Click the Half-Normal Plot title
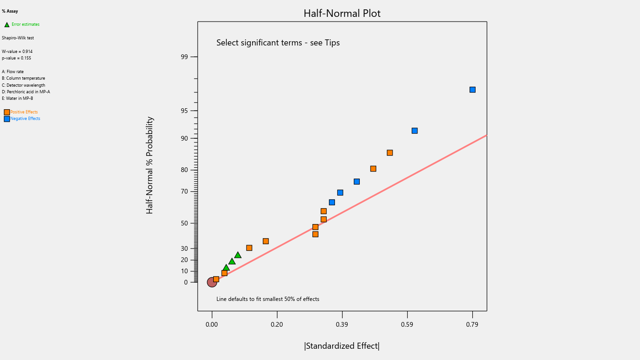pos(342,14)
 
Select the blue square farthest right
pos(472,90)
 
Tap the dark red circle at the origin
pos(212,282)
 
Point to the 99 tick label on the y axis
pos(184,57)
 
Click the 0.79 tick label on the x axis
pos(472,324)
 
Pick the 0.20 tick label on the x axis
pos(277,324)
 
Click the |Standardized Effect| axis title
pos(342,346)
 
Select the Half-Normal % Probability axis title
pos(149,165)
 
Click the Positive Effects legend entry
pos(24,112)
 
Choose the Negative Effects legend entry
pos(25,119)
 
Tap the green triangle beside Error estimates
pos(7,24)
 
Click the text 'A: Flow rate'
pos(13,72)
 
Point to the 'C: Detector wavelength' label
pos(23,85)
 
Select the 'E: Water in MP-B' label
pos(17,98)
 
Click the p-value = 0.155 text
pos(16,58)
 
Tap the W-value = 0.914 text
pos(17,52)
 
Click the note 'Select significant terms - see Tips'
pos(278,43)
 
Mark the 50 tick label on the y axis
pos(184,223)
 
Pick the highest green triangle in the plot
pos(238,255)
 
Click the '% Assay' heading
pos(10,11)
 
